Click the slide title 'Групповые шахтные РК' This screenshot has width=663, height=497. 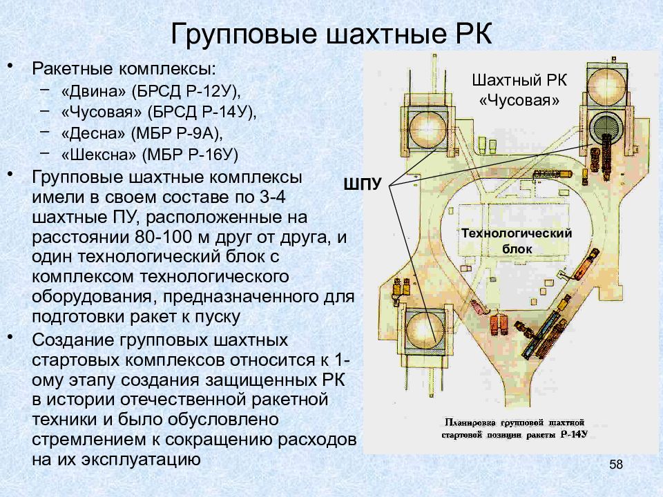[331, 34]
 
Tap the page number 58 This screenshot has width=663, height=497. [616, 465]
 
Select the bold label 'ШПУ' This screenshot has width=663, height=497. [363, 184]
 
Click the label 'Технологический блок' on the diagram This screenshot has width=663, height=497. [517, 241]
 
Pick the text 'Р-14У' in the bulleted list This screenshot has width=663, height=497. [229, 112]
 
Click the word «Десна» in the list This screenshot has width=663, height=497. [93, 133]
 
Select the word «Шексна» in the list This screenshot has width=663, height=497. [99, 155]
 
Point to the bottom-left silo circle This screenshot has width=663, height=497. [425, 331]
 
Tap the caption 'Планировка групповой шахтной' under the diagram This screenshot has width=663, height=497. [514, 422]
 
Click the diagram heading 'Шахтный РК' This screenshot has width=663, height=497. [519, 80]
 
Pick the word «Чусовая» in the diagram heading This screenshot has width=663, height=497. [519, 101]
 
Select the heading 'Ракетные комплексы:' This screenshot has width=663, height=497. [124, 69]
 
